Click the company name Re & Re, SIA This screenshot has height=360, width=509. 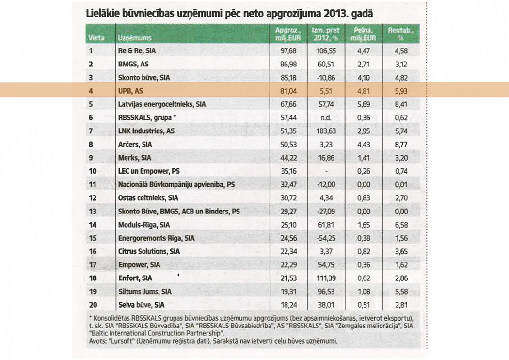coord(137,50)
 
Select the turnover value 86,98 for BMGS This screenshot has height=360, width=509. coord(288,64)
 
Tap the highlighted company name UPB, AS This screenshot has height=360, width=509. coord(130,91)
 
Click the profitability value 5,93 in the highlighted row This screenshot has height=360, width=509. coord(401,91)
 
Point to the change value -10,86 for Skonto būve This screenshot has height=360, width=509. coord(326,78)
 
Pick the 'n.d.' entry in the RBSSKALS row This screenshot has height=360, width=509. coord(326,117)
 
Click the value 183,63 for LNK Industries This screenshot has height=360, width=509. coord(326,131)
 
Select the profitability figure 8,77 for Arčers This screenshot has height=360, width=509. coord(401,144)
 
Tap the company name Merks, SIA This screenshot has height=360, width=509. coord(135,158)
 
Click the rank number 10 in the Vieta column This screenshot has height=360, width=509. coord(93,171)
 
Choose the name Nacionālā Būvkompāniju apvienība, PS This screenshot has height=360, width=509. coord(176,184)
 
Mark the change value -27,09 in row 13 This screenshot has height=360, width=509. coord(326,211)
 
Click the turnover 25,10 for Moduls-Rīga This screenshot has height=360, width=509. coord(288,225)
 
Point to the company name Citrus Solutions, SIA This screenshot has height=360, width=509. coord(149,251)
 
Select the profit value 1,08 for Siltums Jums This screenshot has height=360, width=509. coord(364,292)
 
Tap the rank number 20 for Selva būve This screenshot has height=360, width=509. coord(93,305)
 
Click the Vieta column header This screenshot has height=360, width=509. coord(96,38)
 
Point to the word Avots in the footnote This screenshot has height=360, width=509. coord(96,341)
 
